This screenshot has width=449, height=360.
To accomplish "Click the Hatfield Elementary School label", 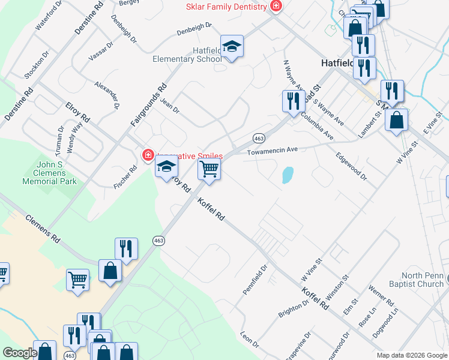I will pyautogui.click(x=187, y=55).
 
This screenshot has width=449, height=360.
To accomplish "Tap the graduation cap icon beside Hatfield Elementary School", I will pyautogui.click(x=232, y=46).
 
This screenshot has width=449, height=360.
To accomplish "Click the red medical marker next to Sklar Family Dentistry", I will pyautogui.click(x=276, y=6).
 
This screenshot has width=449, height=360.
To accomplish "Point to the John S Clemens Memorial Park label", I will pyautogui.click(x=50, y=172).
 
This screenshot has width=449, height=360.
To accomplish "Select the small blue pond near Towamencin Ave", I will pyautogui.click(x=288, y=175).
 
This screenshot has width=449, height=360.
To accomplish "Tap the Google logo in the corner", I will pyautogui.click(x=20, y=353).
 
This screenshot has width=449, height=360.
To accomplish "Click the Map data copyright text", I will pyautogui.click(x=411, y=355).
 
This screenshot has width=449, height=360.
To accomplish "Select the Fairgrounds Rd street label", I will pyautogui.click(x=148, y=105).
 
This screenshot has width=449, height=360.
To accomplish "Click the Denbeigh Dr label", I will pyautogui.click(x=194, y=29).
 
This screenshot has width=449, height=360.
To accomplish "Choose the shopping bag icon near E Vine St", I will pyautogui.click(x=397, y=120).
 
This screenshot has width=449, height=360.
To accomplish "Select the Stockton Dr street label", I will pyautogui.click(x=37, y=69).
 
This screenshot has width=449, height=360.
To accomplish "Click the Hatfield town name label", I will pyautogui.click(x=338, y=62).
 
